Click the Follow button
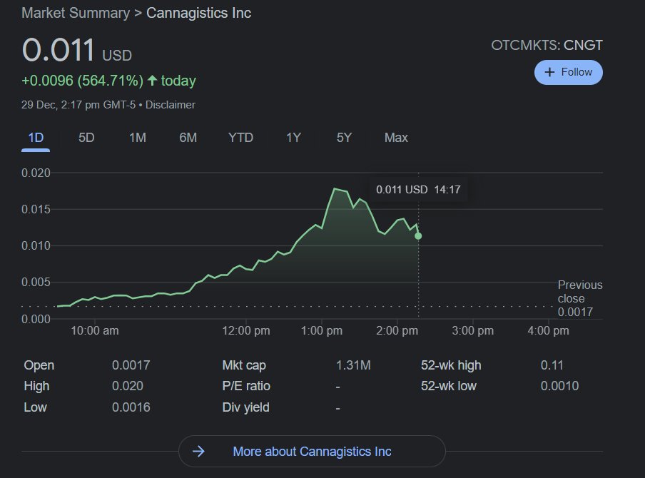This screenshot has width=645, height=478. pyautogui.click(x=568, y=72)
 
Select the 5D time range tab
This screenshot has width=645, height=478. pyautogui.click(x=86, y=138)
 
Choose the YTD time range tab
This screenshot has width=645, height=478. pyautogui.click(x=240, y=138)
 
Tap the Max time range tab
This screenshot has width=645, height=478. pyautogui.click(x=396, y=138)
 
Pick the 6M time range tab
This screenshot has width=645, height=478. pyautogui.click(x=188, y=138)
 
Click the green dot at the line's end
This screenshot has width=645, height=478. pyautogui.click(x=418, y=235)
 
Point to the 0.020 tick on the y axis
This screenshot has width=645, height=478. pyautogui.click(x=36, y=173)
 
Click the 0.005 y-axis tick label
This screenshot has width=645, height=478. pyautogui.click(x=36, y=283)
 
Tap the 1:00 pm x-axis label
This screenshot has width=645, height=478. pyautogui.click(x=322, y=331)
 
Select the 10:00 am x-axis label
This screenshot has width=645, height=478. pyautogui.click(x=95, y=331)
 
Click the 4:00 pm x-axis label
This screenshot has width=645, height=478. pyautogui.click(x=549, y=331)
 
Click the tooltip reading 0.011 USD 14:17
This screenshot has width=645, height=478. pyautogui.click(x=418, y=190)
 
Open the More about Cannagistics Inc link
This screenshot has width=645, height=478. pyautogui.click(x=312, y=452)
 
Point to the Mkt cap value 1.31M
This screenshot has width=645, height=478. pyautogui.click(x=353, y=365)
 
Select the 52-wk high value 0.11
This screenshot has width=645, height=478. pyautogui.click(x=552, y=365)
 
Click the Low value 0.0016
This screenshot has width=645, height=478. pyautogui.click(x=131, y=407)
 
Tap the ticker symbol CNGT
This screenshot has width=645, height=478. pyautogui.click(x=583, y=46)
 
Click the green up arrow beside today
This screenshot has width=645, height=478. pyautogui.click(x=152, y=81)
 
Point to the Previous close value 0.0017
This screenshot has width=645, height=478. pyautogui.click(x=575, y=312)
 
